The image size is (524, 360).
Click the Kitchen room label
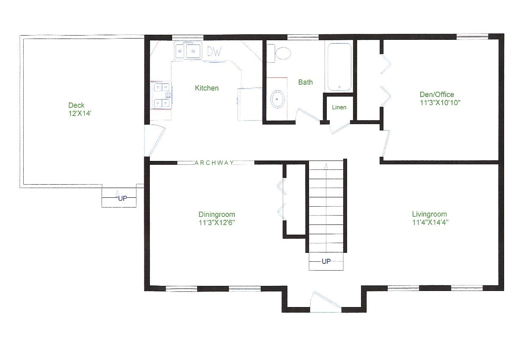207,88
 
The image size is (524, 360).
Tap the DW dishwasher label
214,52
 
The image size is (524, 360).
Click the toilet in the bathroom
281,53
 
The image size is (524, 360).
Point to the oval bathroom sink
278,99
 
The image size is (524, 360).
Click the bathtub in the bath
339,66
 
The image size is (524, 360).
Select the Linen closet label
339,108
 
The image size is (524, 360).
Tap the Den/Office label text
437,94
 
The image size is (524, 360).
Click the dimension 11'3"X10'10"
440,102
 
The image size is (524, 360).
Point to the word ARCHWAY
214,162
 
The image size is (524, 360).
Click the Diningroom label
217,214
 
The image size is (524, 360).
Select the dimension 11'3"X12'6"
217,222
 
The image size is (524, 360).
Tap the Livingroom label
430,214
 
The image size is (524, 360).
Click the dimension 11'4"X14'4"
430,222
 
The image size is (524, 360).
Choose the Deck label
77,105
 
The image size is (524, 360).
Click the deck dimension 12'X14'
77,113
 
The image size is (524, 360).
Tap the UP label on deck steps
122,197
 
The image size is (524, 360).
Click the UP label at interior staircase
326,261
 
